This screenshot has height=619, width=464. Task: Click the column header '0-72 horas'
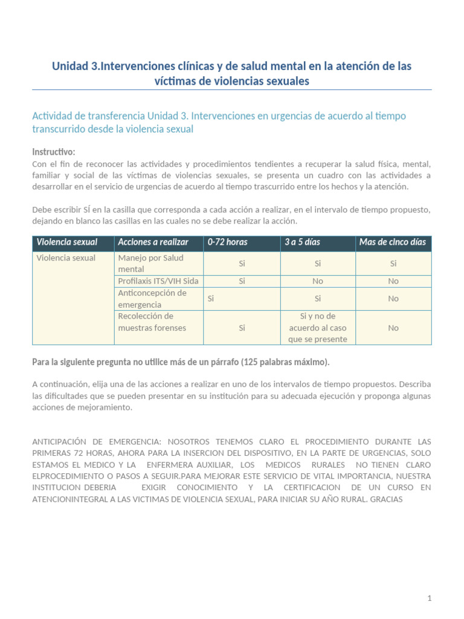pyautogui.click(x=227, y=242)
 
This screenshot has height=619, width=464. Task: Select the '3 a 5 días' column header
pyautogui.click(x=302, y=242)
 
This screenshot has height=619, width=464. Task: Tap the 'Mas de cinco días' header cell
pyautogui.click(x=393, y=242)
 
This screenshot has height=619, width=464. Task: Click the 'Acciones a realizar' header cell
pyautogui.click(x=153, y=242)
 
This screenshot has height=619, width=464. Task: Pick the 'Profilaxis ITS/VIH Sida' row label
pyautogui.click(x=158, y=281)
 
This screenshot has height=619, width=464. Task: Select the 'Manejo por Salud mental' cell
pyautogui.click(x=151, y=264)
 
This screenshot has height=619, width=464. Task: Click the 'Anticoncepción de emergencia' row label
pyautogui.click(x=152, y=299)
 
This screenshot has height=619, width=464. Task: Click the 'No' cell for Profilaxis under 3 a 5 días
pyautogui.click(x=318, y=281)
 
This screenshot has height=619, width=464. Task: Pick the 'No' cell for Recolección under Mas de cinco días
pyautogui.click(x=393, y=328)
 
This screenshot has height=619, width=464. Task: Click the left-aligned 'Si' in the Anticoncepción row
pyautogui.click(x=211, y=299)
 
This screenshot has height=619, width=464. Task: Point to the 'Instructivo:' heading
pyautogui.click(x=54, y=152)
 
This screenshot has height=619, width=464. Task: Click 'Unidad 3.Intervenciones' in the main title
pyautogui.click(x=106, y=66)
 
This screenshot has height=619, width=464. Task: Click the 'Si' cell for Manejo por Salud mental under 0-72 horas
pyautogui.click(x=242, y=264)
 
